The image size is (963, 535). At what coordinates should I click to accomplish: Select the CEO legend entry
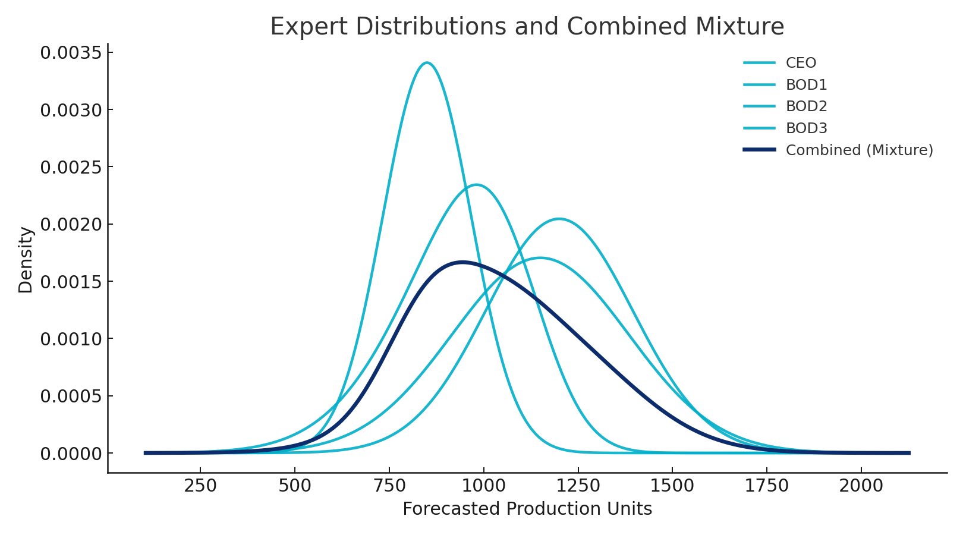click(x=801, y=63)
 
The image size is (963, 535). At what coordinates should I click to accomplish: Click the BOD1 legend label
click(x=806, y=85)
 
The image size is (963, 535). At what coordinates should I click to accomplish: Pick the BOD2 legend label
click(x=806, y=106)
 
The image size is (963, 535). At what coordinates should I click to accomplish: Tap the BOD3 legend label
click(x=806, y=128)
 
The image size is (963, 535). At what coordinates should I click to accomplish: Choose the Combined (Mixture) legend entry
click(x=859, y=150)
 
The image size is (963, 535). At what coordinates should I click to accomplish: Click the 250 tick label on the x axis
click(x=200, y=486)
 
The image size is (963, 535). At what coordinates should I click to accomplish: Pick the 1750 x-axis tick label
click(x=766, y=486)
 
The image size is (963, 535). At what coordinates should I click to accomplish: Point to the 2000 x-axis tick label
click(x=861, y=486)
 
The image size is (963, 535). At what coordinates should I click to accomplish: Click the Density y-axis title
click(x=26, y=260)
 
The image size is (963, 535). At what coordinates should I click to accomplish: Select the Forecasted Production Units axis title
click(x=527, y=509)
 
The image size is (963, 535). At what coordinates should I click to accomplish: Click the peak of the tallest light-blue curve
click(x=427, y=62)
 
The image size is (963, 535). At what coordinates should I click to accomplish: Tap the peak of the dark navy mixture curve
click(x=462, y=262)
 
